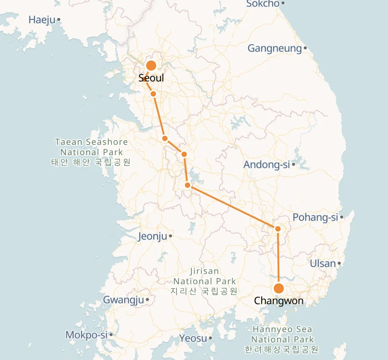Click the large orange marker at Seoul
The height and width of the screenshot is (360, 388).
pyautogui.click(x=151, y=66)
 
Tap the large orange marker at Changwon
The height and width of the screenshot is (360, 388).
pyautogui.click(x=279, y=288)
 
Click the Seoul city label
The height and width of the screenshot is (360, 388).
pyautogui.click(x=151, y=78)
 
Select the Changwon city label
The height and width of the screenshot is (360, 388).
pyautogui.click(x=279, y=301)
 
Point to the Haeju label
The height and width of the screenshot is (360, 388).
pyautogui.click(x=42, y=20)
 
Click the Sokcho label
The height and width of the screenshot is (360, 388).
pyautogui.click(x=263, y=4)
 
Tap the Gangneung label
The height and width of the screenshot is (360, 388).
pyautogui.click(x=275, y=48)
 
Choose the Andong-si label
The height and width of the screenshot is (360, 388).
pyautogui.click(x=266, y=165)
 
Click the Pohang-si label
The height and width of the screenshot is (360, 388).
pyautogui.click(x=315, y=217)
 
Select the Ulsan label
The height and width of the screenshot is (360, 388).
pyautogui.click(x=322, y=263)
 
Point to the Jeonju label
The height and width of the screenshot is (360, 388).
pyautogui.click(x=152, y=236)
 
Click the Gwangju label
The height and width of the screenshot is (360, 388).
pyautogui.click(x=123, y=300)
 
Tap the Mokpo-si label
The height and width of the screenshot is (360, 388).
pyautogui.click(x=86, y=335)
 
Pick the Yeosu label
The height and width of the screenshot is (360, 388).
pyautogui.click(x=193, y=338)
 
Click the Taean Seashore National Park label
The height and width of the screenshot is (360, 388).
pyautogui.click(x=91, y=152)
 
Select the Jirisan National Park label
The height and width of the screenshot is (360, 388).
pyautogui.click(x=204, y=281)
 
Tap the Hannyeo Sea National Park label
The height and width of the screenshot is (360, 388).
pyautogui.click(x=282, y=339)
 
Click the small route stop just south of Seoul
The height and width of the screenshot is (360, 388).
pyautogui.click(x=153, y=93)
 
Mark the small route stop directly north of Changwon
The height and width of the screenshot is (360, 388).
pyautogui.click(x=278, y=229)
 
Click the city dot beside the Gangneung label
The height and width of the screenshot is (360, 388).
pyautogui.click(x=305, y=48)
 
